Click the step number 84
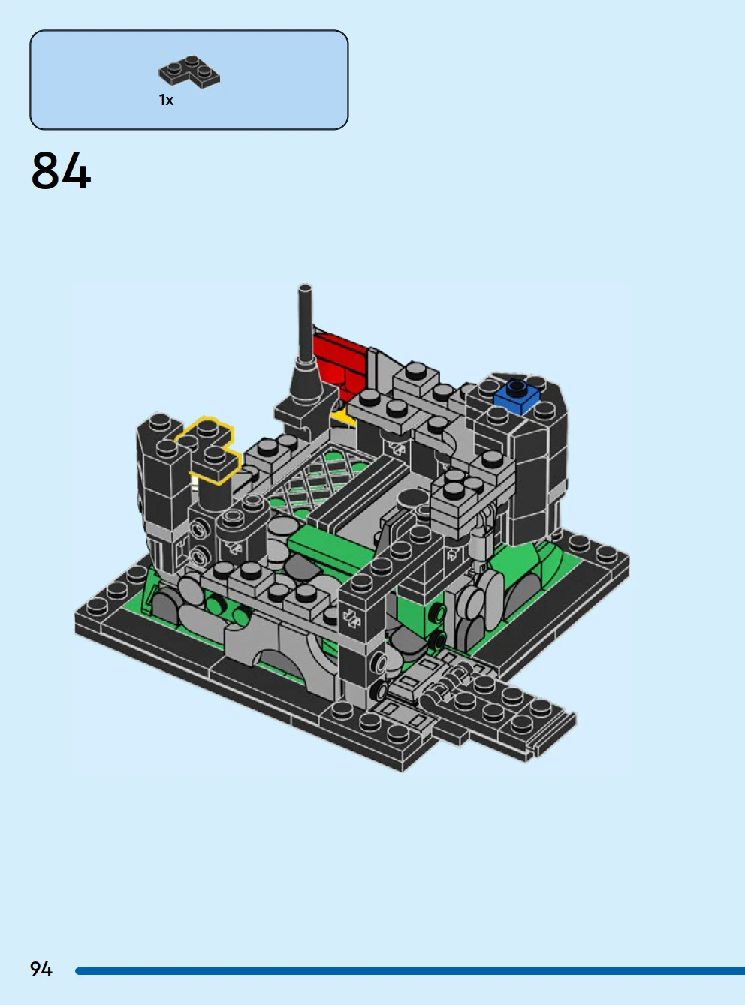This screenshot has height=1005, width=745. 62,171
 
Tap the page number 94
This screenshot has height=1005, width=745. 41,969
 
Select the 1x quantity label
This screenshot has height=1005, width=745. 166,100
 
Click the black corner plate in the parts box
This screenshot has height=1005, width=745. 189,71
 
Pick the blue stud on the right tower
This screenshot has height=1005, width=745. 517,396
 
